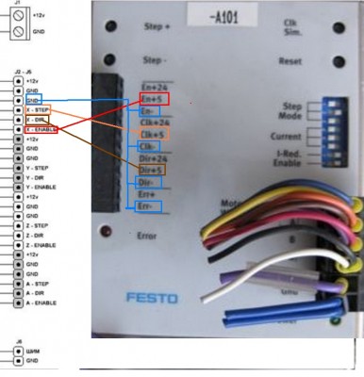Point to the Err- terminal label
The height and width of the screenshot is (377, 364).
click(x=144, y=205)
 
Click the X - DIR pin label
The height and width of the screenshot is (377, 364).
click(x=37, y=120)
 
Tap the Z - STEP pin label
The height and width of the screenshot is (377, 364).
click(x=38, y=225)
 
